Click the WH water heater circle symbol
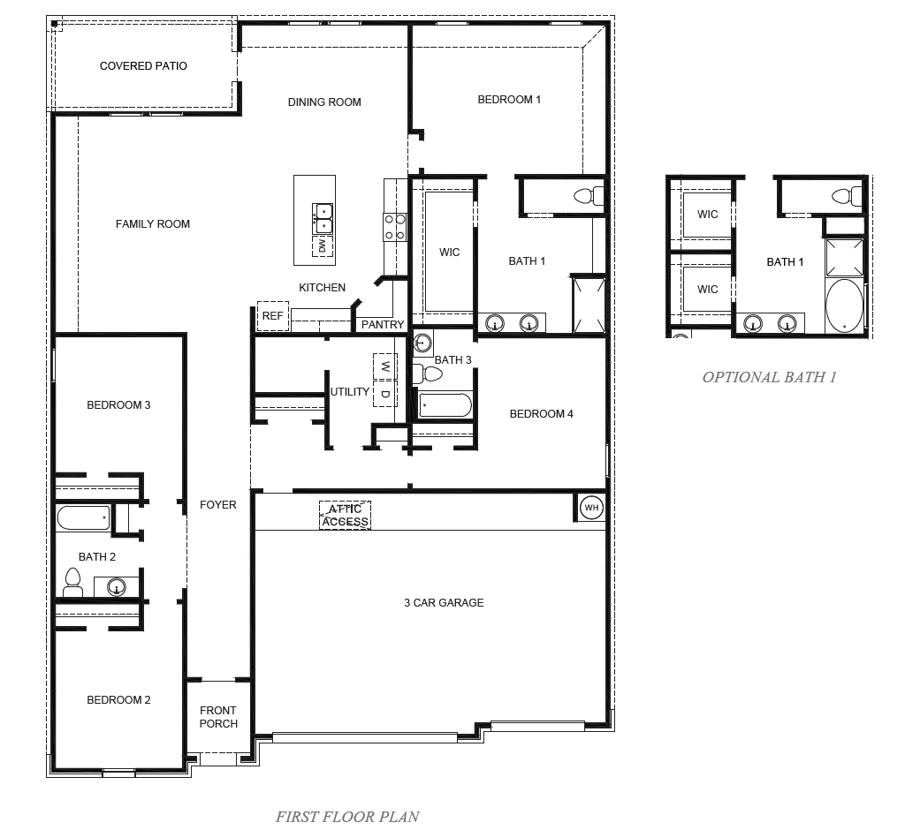pos(590,508)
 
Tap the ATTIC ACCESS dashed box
pos(345,516)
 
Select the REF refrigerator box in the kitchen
pos(273,315)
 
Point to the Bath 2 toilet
pos(73,581)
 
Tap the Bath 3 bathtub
pos(445,405)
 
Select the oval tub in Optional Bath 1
pos(844,306)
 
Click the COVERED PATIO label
pos(143,66)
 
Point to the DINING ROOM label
pos(324,102)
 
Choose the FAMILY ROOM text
pos(153,224)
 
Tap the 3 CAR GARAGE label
pos(444,603)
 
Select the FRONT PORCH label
pos(218,717)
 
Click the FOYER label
pos(217,505)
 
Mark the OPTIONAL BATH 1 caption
pos(769,377)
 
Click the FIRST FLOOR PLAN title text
pos(347,817)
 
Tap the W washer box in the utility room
pos(385,365)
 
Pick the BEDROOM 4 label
pos(542,414)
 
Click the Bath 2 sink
pos(116,586)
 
